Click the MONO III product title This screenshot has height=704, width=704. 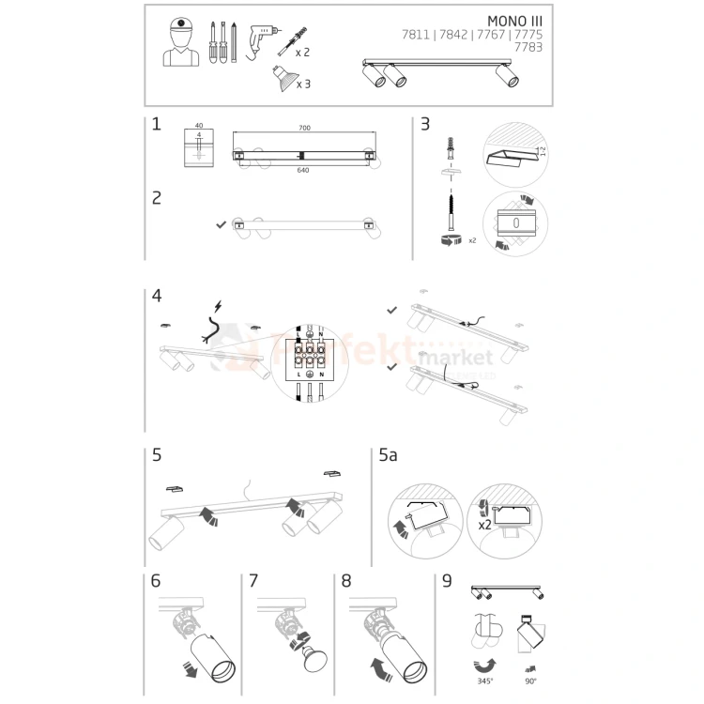coord(514,20)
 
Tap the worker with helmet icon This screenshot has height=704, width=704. coord(181,43)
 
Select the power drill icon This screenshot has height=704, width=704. coord(264,40)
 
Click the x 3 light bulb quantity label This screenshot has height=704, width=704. coord(303,84)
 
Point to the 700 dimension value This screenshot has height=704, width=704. coord(304,128)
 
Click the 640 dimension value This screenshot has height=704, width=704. coord(304,171)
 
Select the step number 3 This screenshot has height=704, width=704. coord(425,124)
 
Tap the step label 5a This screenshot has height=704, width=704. coord(389,457)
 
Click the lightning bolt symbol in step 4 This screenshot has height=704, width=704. coord(219,306)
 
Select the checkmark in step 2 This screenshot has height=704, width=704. coord(220,224)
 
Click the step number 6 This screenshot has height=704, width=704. coord(157,581)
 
